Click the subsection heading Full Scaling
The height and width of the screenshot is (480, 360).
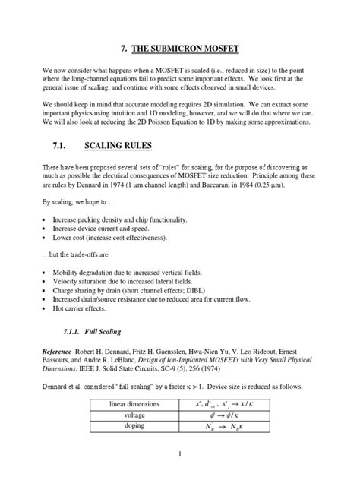click(x=108, y=332)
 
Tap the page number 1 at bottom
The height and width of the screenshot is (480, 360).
click(x=180, y=453)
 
